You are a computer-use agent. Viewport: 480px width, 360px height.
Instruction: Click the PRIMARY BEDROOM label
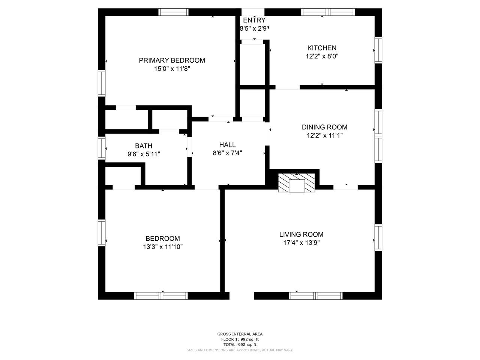pyautogui.click(x=172, y=60)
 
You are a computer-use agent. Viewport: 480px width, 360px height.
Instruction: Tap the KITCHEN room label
pyautogui.click(x=322, y=48)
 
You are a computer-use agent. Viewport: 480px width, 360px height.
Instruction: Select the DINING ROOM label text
pyautogui.click(x=324, y=127)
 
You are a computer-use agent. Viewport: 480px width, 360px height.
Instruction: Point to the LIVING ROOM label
pyautogui.click(x=301, y=234)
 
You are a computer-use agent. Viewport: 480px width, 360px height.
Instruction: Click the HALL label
pyautogui.click(x=227, y=145)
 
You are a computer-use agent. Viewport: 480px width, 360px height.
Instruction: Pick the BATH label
pyautogui.click(x=144, y=146)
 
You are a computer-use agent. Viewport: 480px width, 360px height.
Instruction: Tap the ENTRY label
pyautogui.click(x=254, y=20)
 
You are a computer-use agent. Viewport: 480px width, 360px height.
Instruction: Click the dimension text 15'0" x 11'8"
pyautogui.click(x=172, y=69)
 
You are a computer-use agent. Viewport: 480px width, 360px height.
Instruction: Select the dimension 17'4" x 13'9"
pyautogui.click(x=301, y=243)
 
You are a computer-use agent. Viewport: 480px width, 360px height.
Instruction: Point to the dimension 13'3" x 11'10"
pyautogui.click(x=163, y=247)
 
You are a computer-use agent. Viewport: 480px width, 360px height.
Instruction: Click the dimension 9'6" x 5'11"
pyautogui.click(x=144, y=154)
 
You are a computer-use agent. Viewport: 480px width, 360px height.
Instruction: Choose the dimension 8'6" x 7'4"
pyautogui.click(x=227, y=153)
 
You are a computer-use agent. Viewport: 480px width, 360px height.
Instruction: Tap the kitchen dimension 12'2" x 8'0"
pyautogui.click(x=322, y=56)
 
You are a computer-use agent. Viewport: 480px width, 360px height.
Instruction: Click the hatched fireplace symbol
pyautogui.click(x=296, y=183)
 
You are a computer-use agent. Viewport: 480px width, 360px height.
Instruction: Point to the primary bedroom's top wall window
pyautogui.click(x=173, y=12)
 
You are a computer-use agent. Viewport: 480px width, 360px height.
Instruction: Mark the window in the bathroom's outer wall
pyautogui.click(x=102, y=148)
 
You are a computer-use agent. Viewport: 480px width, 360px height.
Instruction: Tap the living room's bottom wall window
pyautogui.click(x=315, y=296)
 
